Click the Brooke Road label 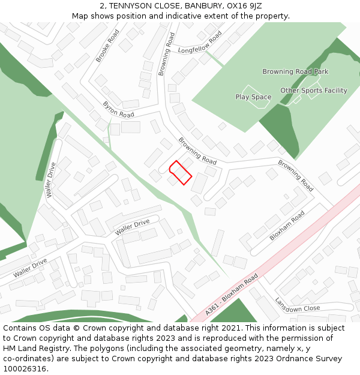point(107,46)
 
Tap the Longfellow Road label point(200,43)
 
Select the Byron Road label point(118,109)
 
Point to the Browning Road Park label point(295,72)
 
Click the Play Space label point(253,97)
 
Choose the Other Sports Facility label point(313,91)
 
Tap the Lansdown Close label point(297,304)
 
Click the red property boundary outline point(180,172)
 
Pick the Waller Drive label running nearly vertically point(52,180)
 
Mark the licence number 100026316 point(25,369)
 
